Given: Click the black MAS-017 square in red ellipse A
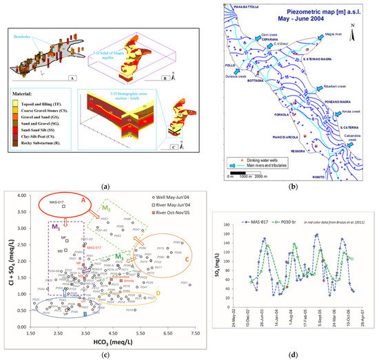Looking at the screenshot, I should coord(63,206).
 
